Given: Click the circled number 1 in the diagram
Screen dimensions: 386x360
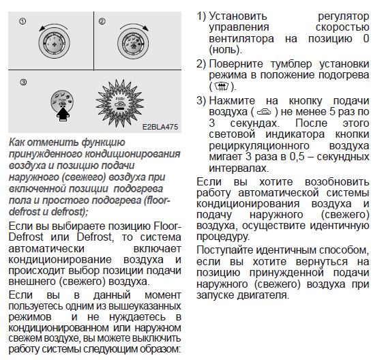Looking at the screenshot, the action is click(x=23, y=22).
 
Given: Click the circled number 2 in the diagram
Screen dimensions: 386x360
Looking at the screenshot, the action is click(x=102, y=21).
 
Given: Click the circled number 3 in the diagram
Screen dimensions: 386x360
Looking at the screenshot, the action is click(x=23, y=82).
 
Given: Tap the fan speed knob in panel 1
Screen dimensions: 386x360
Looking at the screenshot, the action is click(x=54, y=43).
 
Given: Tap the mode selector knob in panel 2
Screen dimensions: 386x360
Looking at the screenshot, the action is click(x=133, y=43).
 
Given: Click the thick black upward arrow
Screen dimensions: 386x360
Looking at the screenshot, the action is click(x=63, y=114).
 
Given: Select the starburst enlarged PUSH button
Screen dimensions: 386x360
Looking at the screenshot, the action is click(x=120, y=103).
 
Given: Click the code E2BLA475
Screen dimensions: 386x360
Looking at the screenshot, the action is click(x=160, y=127).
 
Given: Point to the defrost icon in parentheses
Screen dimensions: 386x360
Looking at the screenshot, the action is click(x=221, y=86).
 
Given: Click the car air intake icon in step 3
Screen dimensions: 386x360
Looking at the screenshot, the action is click(x=264, y=112).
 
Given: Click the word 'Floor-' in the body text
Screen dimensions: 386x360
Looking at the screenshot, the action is click(x=168, y=226).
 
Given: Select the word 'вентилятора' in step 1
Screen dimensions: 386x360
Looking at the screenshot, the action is click(x=241, y=39).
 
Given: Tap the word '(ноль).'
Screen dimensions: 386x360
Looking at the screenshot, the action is click(x=226, y=50).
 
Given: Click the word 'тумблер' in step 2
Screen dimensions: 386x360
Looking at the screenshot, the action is click(x=291, y=64).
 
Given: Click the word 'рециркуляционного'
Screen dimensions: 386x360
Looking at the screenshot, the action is click(x=259, y=146).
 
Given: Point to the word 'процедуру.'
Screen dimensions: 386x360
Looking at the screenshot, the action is click(x=223, y=237).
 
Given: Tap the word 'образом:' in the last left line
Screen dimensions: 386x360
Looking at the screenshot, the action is click(x=160, y=349).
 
